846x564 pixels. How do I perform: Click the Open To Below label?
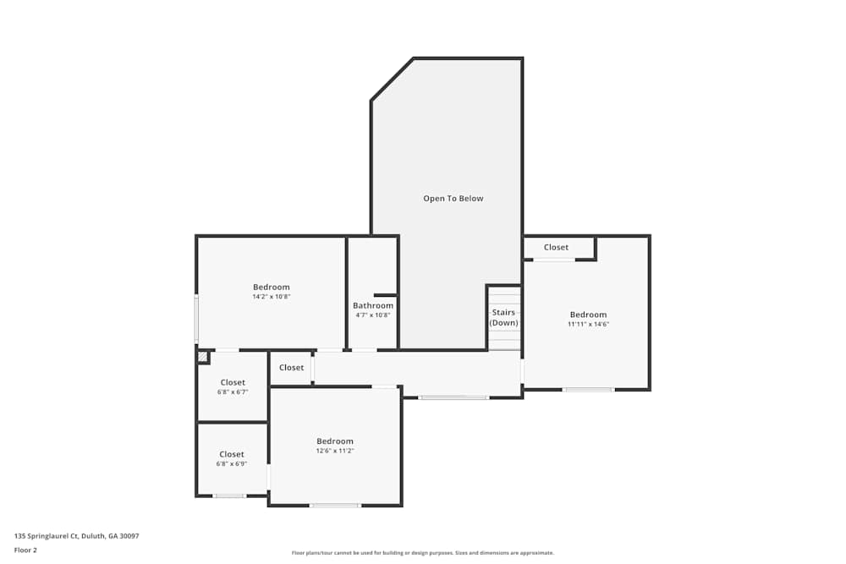(x=453, y=199)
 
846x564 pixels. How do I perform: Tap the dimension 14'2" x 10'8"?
(x=271, y=297)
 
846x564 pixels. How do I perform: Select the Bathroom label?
(x=373, y=305)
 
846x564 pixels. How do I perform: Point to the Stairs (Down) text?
(x=503, y=318)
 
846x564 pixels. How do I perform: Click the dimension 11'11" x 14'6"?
(x=588, y=324)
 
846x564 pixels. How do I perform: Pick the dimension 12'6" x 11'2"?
(x=335, y=451)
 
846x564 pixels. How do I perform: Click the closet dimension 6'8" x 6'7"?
(x=233, y=392)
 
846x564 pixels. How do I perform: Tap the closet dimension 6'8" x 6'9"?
(x=232, y=463)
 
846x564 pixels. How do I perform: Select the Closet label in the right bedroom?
(x=556, y=247)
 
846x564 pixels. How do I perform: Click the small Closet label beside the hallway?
(x=291, y=367)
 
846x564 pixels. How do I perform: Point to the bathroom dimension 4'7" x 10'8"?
(x=372, y=315)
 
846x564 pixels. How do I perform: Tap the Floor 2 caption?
(x=25, y=550)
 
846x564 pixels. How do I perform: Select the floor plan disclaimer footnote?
(x=423, y=552)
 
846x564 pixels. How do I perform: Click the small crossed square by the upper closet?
(x=202, y=357)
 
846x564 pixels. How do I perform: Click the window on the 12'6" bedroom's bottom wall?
(x=335, y=506)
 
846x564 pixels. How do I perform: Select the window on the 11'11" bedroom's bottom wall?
(x=588, y=389)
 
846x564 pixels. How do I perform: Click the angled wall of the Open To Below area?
(x=392, y=79)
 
